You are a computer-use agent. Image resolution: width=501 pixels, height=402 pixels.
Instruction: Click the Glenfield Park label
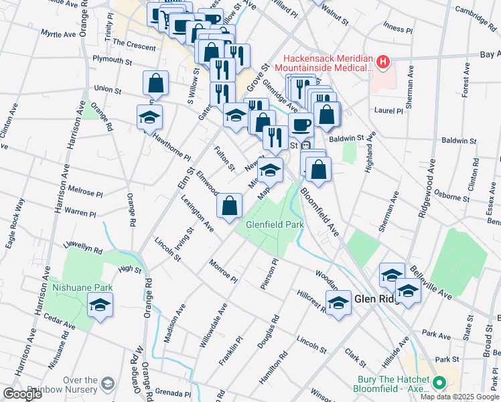coord(275,224)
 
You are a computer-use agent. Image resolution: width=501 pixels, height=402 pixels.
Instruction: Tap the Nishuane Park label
coord(83,287)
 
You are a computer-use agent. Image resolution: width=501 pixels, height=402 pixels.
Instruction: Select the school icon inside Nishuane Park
coord(100,306)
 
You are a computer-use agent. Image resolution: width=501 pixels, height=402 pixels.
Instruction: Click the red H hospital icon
coord(382,62)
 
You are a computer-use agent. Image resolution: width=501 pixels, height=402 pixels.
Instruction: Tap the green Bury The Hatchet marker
coord(439,383)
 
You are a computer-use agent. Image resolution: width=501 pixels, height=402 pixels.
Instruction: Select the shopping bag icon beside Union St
coord(155,84)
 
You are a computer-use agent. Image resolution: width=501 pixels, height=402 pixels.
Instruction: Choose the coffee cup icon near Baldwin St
coord(301,125)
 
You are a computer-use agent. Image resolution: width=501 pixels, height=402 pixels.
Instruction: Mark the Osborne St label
coord(451,198)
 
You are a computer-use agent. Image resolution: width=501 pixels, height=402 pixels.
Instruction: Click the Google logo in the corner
coord(23,393)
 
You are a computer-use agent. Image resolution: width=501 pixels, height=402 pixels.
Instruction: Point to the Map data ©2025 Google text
coord(460,397)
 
